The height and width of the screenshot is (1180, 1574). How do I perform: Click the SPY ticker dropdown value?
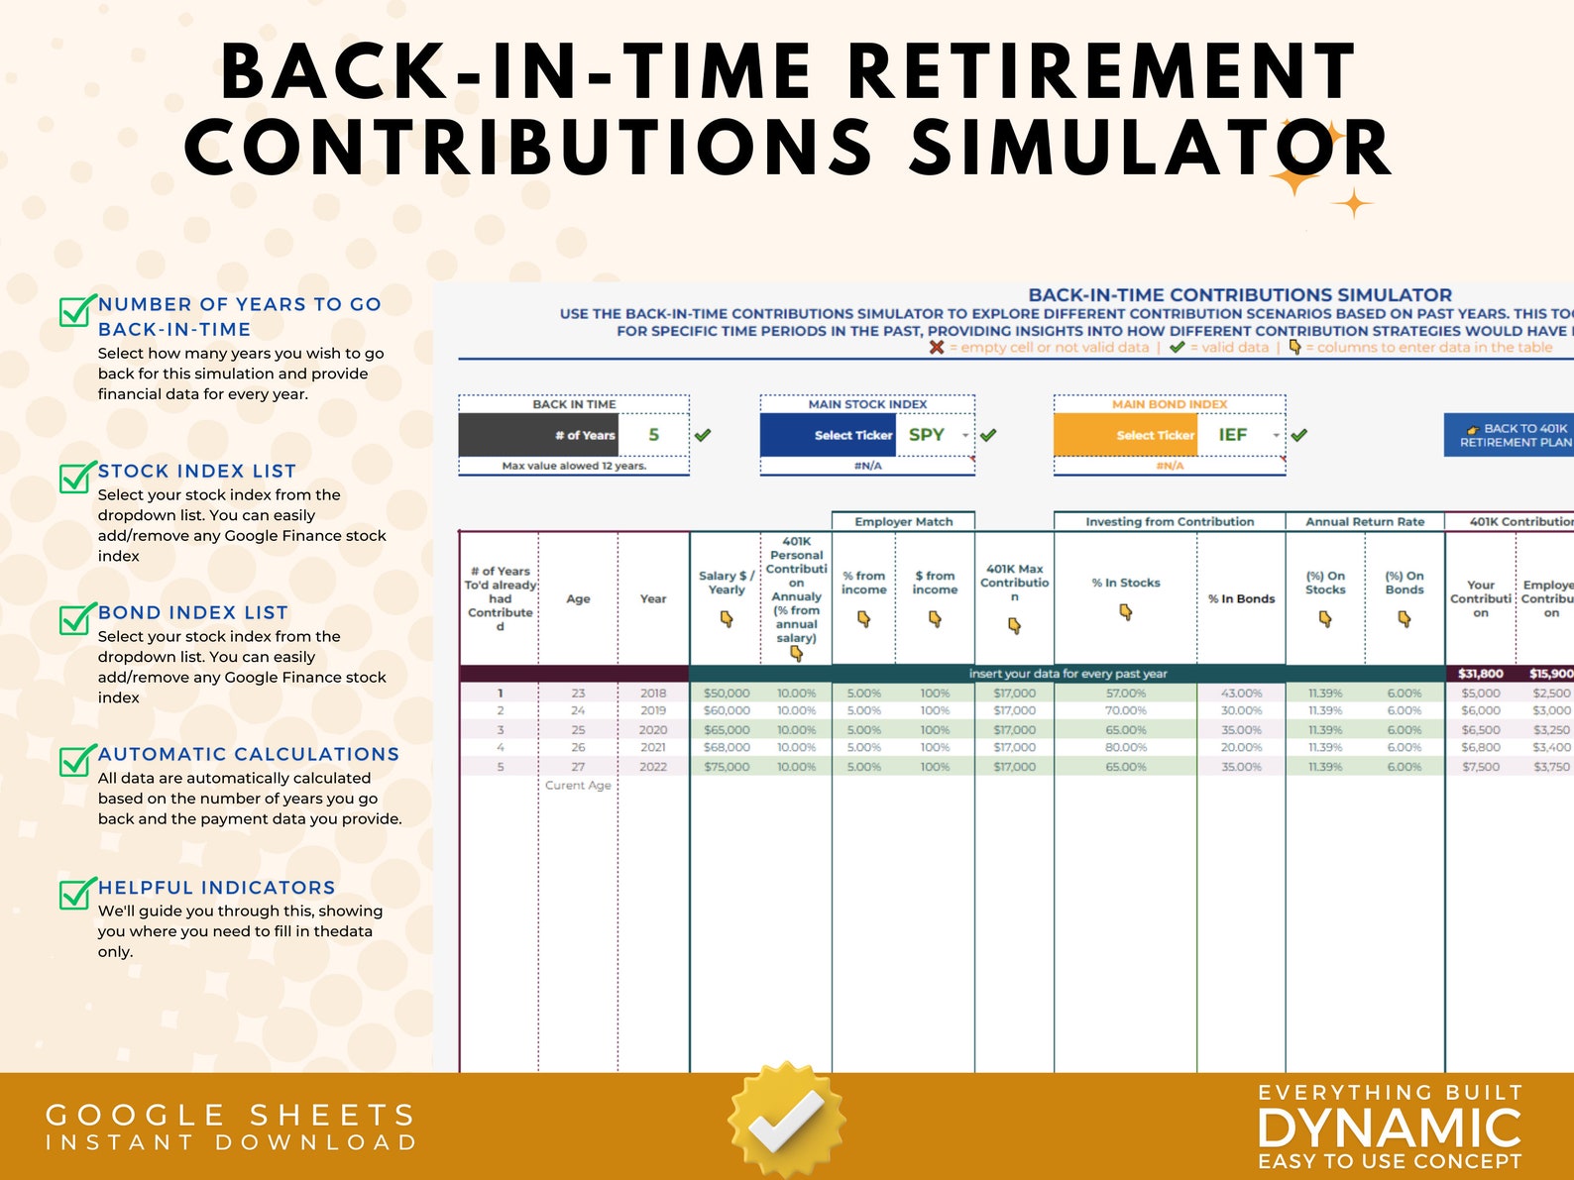pyautogui.click(x=927, y=435)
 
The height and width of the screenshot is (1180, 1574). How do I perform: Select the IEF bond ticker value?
pyautogui.click(x=1232, y=435)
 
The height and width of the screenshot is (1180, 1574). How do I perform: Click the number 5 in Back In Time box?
pyautogui.click(x=653, y=435)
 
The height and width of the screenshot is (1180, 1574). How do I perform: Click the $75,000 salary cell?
pyautogui.click(x=727, y=767)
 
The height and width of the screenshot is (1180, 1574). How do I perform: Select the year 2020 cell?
pyautogui.click(x=653, y=730)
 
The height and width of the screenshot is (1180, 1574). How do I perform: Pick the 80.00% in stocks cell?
pyautogui.click(x=1125, y=748)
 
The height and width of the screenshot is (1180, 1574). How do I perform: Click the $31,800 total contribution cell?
pyautogui.click(x=1480, y=674)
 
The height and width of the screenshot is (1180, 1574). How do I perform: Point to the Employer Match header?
pyautogui.click(x=903, y=521)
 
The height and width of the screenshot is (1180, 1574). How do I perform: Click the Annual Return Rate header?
pyautogui.click(x=1364, y=521)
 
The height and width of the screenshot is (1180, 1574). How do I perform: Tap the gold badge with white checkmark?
pyautogui.click(x=786, y=1119)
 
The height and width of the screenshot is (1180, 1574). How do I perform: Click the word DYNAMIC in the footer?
pyautogui.click(x=1389, y=1128)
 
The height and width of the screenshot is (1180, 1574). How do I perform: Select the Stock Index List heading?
pyautogui.click(x=197, y=472)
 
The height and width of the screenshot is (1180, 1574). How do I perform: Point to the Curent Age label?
pyautogui.click(x=578, y=786)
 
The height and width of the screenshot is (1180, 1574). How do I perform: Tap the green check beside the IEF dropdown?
pyautogui.click(x=1299, y=435)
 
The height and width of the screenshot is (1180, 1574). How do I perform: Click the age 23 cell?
pyautogui.click(x=578, y=694)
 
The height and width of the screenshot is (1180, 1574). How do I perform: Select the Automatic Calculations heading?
pyautogui.click(x=249, y=755)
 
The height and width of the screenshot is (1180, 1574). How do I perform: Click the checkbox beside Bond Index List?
pyautogui.click(x=76, y=618)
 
